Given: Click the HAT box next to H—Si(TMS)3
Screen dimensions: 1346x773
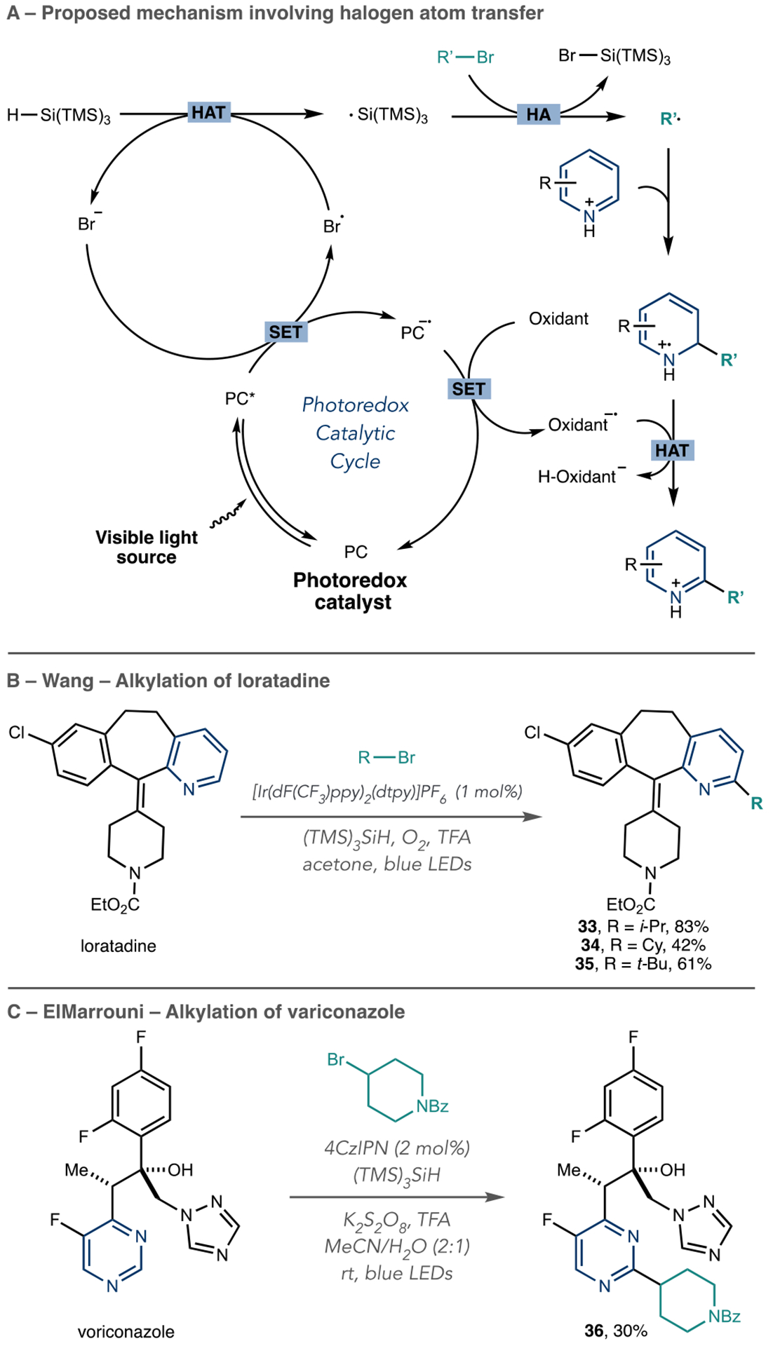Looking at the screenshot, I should coord(208,112).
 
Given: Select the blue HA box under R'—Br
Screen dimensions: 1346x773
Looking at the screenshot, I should coord(538,114).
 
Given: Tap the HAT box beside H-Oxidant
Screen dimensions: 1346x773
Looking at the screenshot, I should coord(672,450).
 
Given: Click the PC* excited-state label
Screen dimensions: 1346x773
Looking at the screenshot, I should coord(240,399).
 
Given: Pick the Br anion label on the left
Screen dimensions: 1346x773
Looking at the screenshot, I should coord(89,224).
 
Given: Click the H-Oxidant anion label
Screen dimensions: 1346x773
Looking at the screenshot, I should coord(577,477).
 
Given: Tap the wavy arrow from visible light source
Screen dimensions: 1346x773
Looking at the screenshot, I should coord(228,515).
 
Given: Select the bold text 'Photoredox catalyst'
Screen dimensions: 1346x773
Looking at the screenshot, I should coord(351,591).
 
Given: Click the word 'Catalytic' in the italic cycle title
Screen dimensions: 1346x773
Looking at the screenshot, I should coord(355,433).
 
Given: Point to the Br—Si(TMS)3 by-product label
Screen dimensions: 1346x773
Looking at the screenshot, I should coord(614,56).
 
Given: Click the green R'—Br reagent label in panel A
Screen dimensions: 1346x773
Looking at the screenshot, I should coord(465,57).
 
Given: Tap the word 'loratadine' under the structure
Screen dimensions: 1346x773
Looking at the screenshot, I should coord(119,946).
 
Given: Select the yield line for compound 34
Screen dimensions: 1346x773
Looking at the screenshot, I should coord(643,945).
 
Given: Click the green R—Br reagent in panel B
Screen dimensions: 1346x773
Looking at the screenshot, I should coord(387,757).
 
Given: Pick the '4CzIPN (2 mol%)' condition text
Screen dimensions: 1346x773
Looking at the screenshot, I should coord(396,1148).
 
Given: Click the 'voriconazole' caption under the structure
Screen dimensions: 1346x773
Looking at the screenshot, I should coord(126,1331).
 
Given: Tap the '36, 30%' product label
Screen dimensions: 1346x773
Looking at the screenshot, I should coord(616,1331).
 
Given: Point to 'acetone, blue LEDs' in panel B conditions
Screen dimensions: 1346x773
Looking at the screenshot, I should coord(387,864).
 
